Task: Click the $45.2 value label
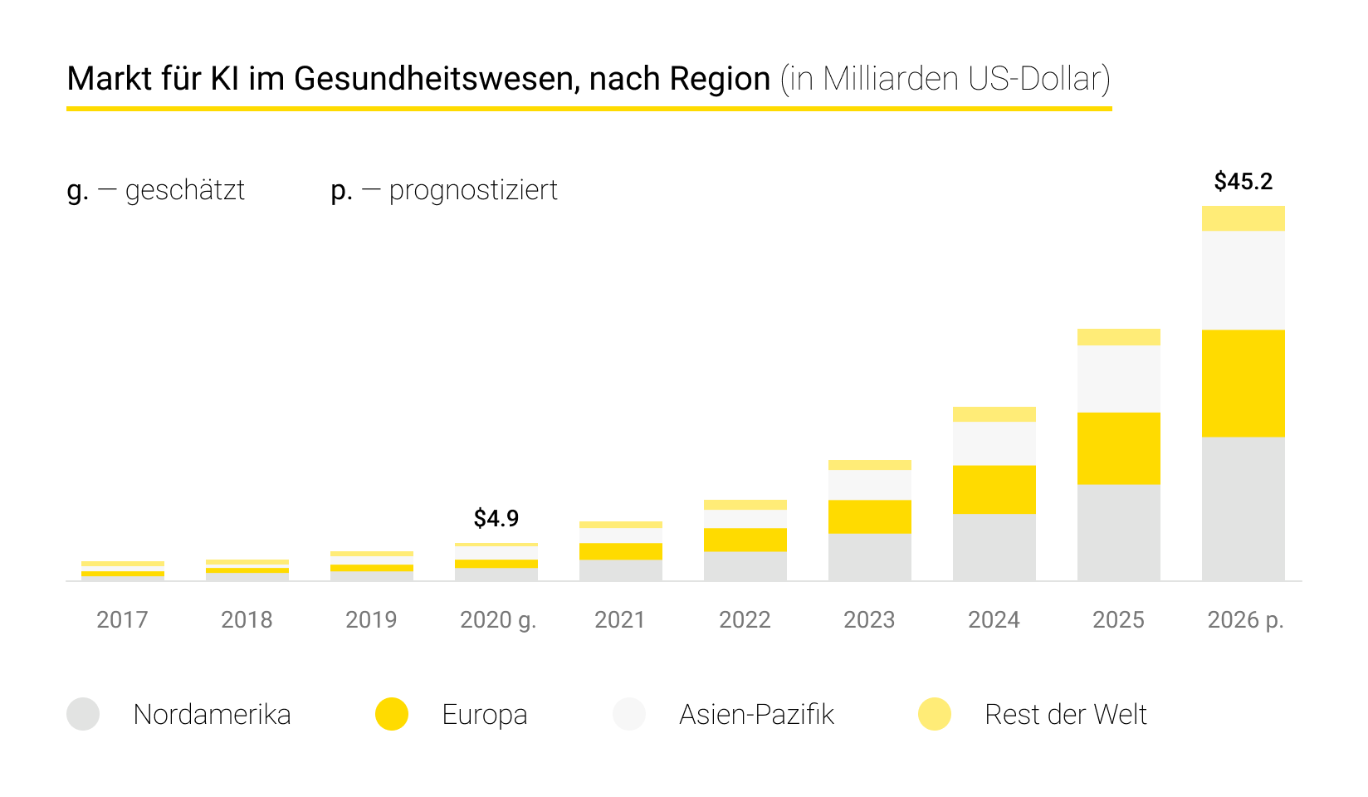pos(1243,181)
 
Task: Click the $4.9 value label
pos(496,518)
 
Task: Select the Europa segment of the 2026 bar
pos(1243,383)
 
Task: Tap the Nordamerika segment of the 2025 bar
pos(1118,532)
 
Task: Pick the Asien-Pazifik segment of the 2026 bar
pos(1243,280)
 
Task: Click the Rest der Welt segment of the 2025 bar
pos(1118,336)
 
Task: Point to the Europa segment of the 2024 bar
pos(994,489)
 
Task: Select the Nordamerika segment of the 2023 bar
pos(869,556)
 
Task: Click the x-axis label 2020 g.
pos(498,619)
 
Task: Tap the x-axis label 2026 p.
pos(1245,619)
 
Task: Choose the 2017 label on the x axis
pos(122,619)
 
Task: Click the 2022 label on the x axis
pos(745,619)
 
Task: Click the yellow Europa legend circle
pos(392,714)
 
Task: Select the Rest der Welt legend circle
pos(935,714)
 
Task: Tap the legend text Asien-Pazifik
pos(756,714)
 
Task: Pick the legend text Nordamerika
pos(212,714)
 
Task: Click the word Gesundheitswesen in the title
pos(437,79)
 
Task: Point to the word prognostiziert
pos(473,190)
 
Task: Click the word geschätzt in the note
pos(185,190)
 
